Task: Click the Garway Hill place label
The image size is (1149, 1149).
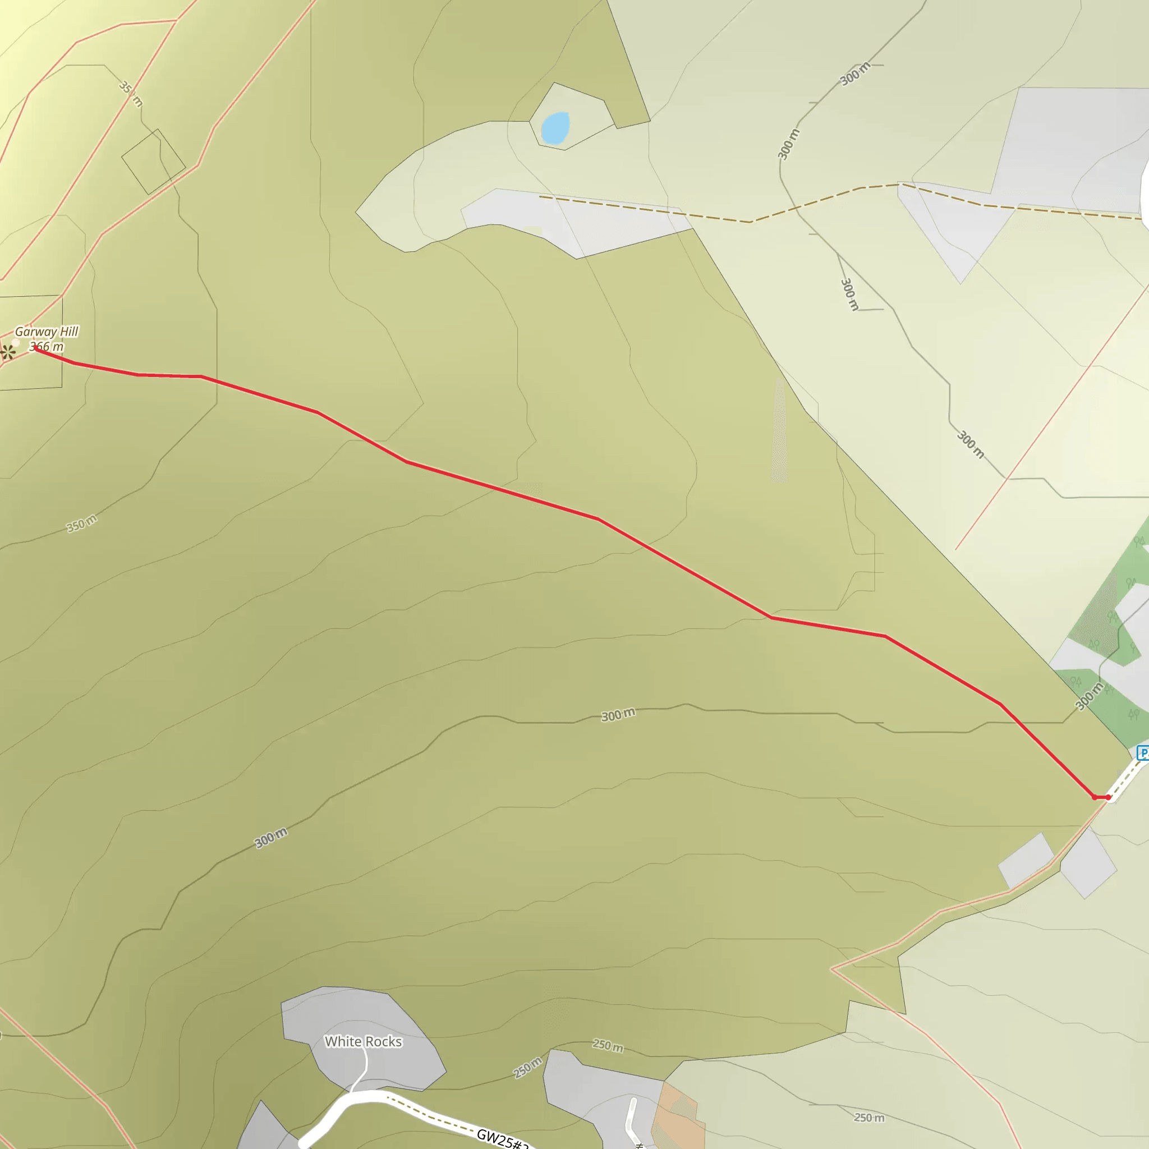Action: tap(47, 331)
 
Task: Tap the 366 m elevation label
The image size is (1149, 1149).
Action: tap(47, 346)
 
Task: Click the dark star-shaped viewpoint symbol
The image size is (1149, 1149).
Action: tap(7, 352)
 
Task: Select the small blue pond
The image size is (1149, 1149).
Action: tap(555, 128)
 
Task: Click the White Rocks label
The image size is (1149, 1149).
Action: tap(363, 1041)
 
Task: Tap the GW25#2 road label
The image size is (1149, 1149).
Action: tap(503, 1138)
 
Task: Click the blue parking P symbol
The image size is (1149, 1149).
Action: tap(1142, 753)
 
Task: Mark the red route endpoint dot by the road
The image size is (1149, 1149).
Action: tap(1108, 797)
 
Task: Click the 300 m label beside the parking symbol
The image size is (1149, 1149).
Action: tap(1089, 696)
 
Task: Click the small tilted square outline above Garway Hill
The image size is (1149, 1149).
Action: tap(153, 162)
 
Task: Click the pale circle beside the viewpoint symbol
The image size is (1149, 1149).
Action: tap(16, 343)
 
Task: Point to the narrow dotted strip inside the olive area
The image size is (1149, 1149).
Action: tap(779, 431)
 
